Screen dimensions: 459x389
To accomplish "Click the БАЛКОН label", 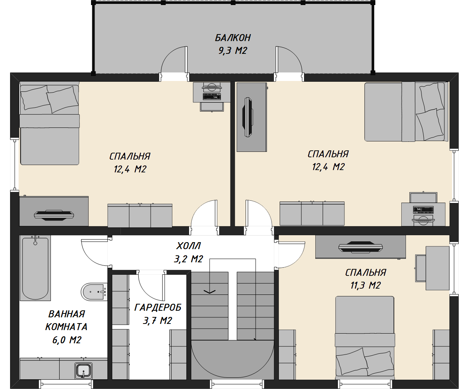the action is click(233, 38).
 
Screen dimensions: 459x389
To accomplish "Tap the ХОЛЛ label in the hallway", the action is click(189, 246).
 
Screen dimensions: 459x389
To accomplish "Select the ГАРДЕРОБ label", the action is click(158, 307).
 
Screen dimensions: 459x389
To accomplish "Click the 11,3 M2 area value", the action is click(366, 285).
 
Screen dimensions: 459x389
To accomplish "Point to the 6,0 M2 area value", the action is click(67, 340).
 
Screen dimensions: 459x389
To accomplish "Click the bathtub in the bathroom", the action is click(35, 268).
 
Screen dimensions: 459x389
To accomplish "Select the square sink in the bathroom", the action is click(84, 371).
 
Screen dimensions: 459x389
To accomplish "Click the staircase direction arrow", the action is click(210, 291).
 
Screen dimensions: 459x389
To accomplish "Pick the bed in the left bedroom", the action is click(50, 124).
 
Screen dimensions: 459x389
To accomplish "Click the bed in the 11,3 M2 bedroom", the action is click(364, 336).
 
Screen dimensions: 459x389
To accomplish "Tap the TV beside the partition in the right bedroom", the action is click(248, 117).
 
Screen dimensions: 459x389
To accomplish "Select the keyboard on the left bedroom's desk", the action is click(211, 96).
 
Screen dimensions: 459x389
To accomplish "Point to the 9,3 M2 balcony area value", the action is click(233, 51).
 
